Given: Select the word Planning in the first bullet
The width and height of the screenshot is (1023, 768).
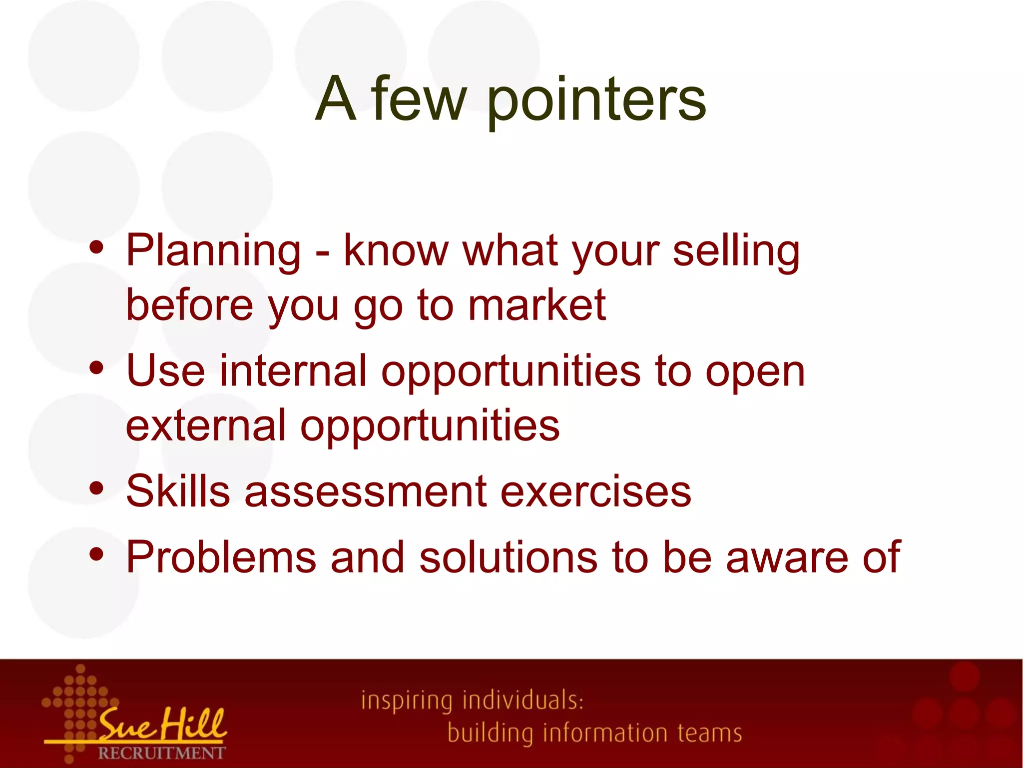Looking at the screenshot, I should click(x=214, y=251).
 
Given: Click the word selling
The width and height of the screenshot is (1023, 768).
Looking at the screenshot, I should click(x=736, y=251).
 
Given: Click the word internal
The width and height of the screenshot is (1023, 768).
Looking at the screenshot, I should click(x=293, y=371).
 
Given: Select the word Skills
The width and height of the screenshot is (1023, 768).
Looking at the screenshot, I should click(x=178, y=491).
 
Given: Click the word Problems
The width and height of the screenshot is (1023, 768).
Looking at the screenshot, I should click(x=221, y=557).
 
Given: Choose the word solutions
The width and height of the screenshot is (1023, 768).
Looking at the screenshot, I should click(x=508, y=557).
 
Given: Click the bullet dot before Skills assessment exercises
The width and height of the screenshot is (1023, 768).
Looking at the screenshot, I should click(x=96, y=488).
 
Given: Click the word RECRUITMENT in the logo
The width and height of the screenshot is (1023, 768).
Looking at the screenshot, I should click(x=161, y=753).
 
